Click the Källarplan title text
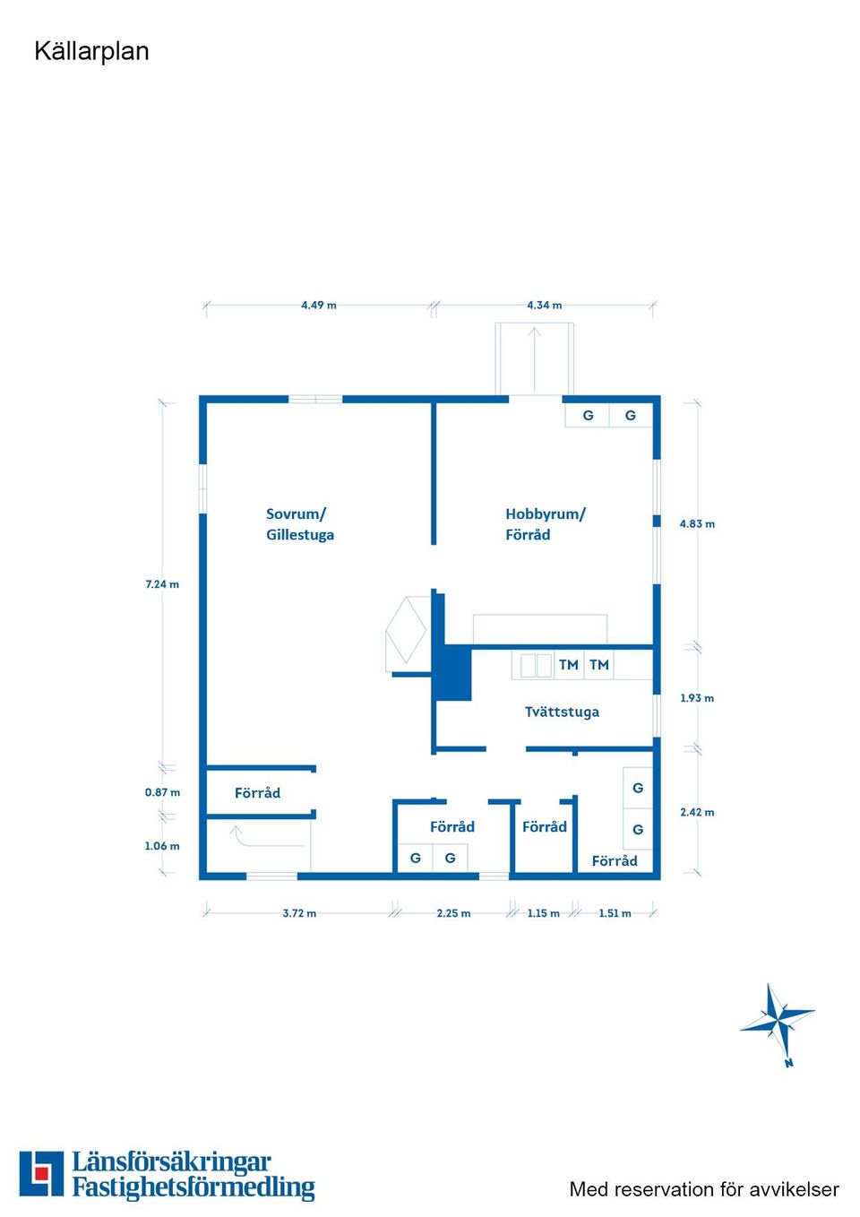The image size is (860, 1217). point(91,51)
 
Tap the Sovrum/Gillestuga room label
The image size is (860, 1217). point(299,524)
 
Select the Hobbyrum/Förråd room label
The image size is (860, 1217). point(545,524)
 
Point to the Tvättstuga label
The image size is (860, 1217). point(562,712)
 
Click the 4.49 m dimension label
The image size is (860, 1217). point(319,305)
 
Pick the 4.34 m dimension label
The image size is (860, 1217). point(544,305)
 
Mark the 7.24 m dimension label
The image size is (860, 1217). point(162,584)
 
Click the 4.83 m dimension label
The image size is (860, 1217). point(697,523)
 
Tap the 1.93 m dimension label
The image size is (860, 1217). point(697,698)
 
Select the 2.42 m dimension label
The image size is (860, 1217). point(697,812)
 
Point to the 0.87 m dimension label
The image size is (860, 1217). point(162,792)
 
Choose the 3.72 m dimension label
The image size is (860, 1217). point(299,913)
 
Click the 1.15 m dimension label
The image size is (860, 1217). point(543,913)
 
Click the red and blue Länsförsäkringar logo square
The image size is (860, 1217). point(41,1174)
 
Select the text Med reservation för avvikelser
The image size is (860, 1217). point(704,1189)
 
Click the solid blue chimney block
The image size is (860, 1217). point(452,673)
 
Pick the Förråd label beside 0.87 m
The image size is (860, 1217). point(257,793)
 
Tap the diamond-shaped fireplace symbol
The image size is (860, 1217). point(405,632)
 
